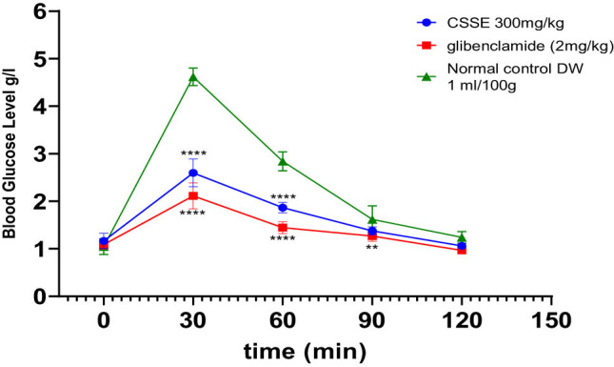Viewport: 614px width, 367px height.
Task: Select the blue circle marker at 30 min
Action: tap(193, 173)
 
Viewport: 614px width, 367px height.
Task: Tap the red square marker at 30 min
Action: tap(193, 195)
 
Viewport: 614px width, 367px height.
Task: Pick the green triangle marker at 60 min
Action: tap(283, 161)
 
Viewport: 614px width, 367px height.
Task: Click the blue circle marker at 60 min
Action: tap(283, 207)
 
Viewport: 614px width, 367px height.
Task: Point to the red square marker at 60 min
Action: tap(283, 227)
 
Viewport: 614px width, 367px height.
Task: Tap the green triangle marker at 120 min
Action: tap(462, 237)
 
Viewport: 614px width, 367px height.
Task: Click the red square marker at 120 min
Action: tap(462, 250)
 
